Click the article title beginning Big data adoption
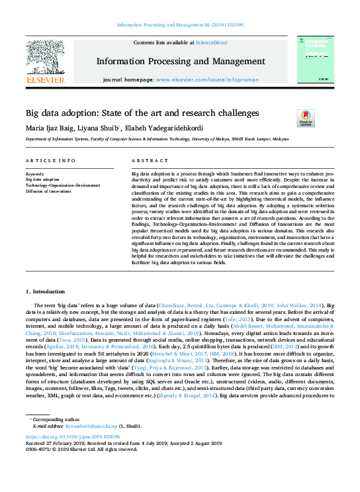point(142,113)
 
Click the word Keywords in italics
point(34,173)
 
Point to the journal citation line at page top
point(180,25)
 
